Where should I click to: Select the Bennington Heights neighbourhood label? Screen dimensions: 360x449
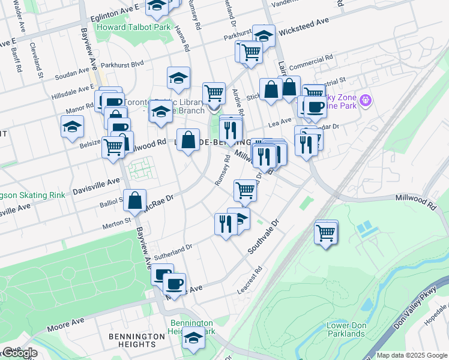tap(137, 340)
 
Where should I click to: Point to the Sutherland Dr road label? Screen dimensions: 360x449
tap(173, 251)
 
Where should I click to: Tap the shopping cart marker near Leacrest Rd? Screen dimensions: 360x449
tap(326, 232)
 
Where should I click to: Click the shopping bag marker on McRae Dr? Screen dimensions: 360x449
tap(135, 201)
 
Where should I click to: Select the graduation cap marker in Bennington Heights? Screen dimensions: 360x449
tap(194, 340)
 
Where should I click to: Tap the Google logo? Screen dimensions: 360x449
tap(19, 353)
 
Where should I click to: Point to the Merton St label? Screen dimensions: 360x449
tap(119, 222)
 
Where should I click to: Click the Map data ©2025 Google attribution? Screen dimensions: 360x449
tap(412, 355)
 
